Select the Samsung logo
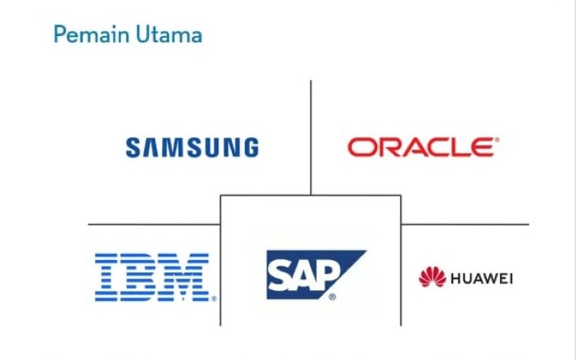coord(192,147)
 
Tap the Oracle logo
coord(421,147)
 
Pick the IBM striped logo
coord(152,276)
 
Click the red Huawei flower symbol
coord(432,277)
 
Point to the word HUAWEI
coord(482,278)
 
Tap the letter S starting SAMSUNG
coord(134,147)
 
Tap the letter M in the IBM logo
coord(187,276)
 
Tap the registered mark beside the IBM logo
coord(214,299)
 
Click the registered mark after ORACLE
coord(497,140)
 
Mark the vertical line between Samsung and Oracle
coord(311,130)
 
